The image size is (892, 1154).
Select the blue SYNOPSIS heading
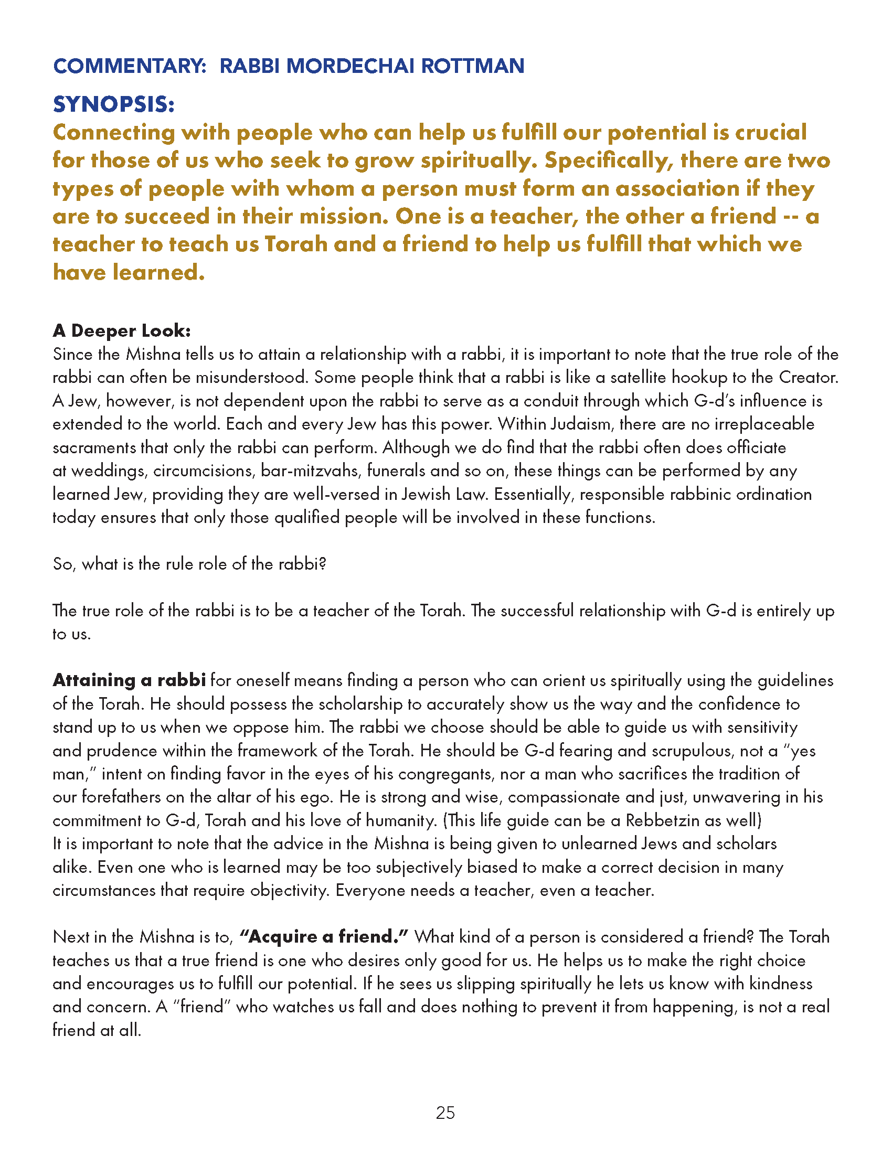(114, 104)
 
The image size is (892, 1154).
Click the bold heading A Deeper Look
(122, 330)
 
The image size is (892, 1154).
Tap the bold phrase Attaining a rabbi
(129, 680)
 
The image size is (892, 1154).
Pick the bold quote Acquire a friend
(324, 937)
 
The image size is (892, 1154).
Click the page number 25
(445, 1113)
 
